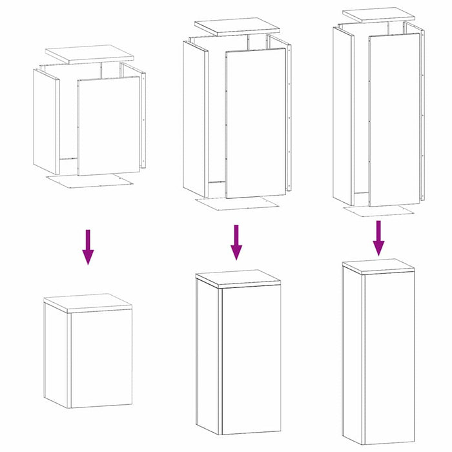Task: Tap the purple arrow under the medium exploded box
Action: [236, 242]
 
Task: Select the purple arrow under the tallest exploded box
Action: [378, 238]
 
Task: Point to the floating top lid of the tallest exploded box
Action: [377, 14]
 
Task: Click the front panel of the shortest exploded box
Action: [108, 126]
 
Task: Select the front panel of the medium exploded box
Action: [256, 123]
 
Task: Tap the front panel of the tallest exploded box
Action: [394, 119]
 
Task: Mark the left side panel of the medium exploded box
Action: [195, 116]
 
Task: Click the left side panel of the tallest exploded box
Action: [343, 113]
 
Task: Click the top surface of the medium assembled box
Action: [237, 278]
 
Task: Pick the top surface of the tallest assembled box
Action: [378, 265]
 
